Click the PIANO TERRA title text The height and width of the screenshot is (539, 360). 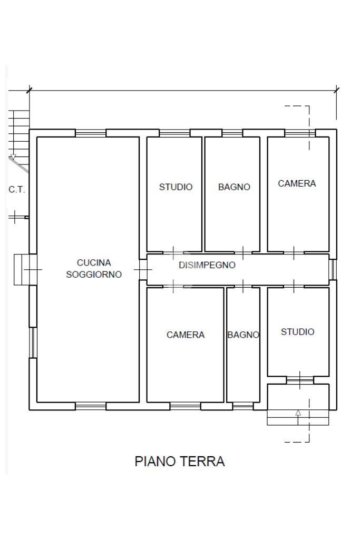pos(180,462)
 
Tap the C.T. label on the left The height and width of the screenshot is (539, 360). pos(17,189)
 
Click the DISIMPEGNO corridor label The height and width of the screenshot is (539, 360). pos(207,265)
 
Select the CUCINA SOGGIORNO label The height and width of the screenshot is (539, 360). pos(94,269)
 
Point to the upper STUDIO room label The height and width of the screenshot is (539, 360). pos(176,187)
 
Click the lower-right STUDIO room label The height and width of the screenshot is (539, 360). pos(297,332)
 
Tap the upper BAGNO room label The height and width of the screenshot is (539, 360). pos(234,187)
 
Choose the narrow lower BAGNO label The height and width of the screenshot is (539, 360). pos(243,335)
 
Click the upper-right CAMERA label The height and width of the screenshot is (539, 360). pos(297,183)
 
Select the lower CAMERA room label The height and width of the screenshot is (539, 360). pos(186,335)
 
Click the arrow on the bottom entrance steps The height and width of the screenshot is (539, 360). pos(298,414)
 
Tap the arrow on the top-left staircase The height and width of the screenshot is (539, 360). pos(13,157)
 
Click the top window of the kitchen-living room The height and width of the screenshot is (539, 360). pos(91,133)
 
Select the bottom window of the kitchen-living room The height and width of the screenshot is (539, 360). pos(91,406)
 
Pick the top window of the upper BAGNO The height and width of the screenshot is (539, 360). pos(232,133)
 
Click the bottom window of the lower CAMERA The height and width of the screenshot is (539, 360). pos(186,406)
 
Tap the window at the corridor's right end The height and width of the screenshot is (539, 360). pos(333,270)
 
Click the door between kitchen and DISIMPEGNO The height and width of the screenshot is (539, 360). pos(143,270)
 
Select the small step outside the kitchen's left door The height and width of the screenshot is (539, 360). pos(21,270)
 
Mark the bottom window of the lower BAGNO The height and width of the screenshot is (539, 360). pos(243,406)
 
